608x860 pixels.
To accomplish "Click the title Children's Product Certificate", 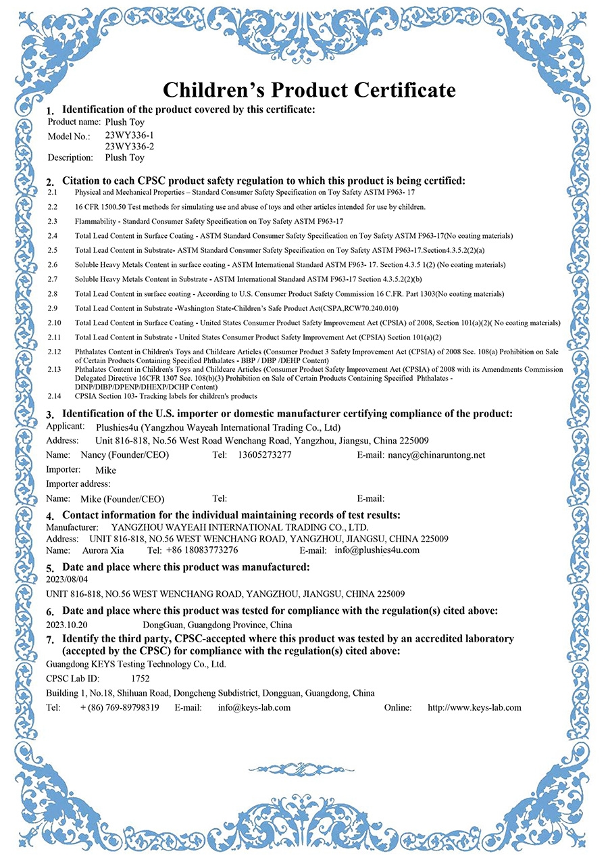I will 309,89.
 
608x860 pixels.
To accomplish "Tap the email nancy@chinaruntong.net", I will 436,455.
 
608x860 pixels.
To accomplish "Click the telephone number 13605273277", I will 265,455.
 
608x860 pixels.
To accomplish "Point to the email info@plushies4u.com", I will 377,550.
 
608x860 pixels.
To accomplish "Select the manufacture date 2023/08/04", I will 67,579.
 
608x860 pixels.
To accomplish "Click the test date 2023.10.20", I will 67,625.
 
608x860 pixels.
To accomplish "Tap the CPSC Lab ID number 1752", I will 141,678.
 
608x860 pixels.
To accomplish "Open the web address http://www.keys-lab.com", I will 474,707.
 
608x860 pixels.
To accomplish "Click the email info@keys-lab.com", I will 254,707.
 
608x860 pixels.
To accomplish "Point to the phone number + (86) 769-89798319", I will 120,707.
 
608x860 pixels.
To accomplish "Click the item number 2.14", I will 54,396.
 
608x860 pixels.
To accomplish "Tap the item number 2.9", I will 53,308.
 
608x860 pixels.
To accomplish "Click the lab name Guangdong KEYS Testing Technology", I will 136,664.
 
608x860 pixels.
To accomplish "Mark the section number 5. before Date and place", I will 49,569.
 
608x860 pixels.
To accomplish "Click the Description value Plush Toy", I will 125,158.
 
